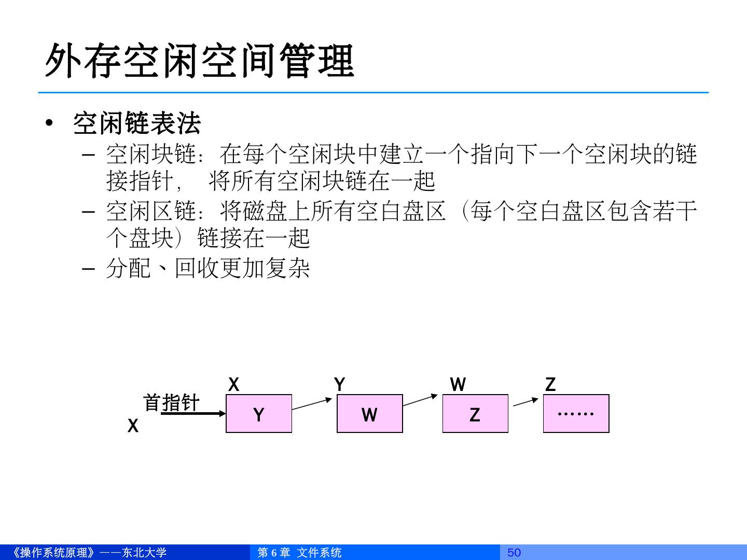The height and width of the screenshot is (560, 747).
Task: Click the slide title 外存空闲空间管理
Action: pos(199,61)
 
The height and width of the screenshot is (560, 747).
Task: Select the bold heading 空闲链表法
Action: pos(137,123)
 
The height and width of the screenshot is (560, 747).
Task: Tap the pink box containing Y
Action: pos(259,414)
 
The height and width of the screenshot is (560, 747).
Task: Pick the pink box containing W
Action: pos(369,414)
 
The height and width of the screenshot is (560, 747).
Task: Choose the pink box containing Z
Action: pos(475,414)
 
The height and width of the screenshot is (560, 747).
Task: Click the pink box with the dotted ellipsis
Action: pos(576,414)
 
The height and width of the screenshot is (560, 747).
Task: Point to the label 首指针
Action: pos(171,402)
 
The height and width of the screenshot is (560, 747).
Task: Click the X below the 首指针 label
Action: pos(133,426)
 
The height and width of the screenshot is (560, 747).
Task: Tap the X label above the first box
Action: pos(234,384)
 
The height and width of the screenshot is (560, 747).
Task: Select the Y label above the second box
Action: pos(340,384)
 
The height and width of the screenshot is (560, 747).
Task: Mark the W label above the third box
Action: pos(458,384)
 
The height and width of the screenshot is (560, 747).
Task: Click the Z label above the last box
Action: pos(550,384)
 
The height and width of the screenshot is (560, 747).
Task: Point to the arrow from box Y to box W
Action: pos(312,404)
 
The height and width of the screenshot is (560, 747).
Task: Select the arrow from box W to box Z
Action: pos(421,400)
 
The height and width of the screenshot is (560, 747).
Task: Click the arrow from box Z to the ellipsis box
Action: pos(526,402)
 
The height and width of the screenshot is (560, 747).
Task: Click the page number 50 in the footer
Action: pos(514,552)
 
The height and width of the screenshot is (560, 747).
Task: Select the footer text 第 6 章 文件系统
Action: pos(299,552)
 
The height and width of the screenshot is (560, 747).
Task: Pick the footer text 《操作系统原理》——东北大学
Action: pos(88,552)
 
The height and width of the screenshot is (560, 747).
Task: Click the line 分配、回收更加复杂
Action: pos(208,268)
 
